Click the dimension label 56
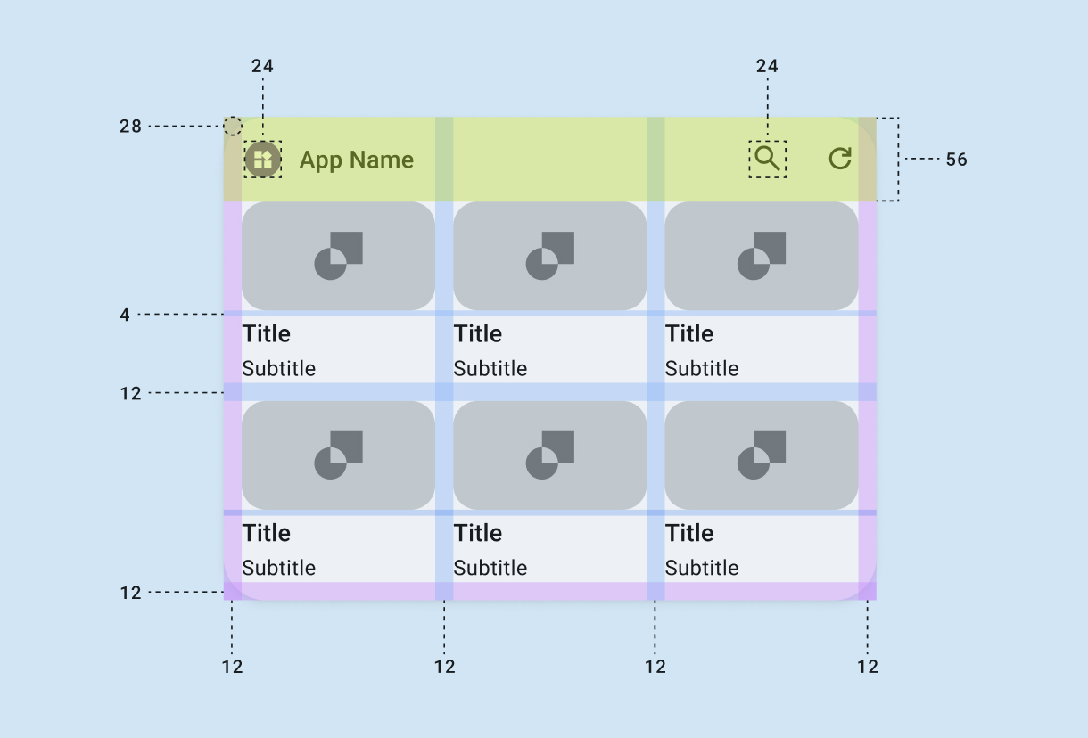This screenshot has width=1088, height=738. (x=956, y=160)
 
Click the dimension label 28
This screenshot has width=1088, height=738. (x=131, y=127)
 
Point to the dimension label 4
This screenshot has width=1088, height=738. (x=125, y=315)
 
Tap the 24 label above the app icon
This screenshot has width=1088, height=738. (x=262, y=66)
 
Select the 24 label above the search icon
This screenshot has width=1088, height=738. (x=767, y=66)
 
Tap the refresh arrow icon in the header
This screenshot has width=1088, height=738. (x=840, y=159)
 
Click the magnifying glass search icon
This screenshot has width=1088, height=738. (x=768, y=159)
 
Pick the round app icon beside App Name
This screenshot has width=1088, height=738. (x=263, y=160)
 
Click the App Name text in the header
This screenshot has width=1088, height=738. (x=357, y=160)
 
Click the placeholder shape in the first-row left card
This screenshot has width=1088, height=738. (x=339, y=256)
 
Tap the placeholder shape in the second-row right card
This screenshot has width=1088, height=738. (x=762, y=455)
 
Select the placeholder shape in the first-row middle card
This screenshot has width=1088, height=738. (x=550, y=256)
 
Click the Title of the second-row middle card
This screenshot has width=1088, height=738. (x=478, y=533)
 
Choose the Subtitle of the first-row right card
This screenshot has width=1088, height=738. (x=702, y=368)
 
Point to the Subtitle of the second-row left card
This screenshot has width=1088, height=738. (x=279, y=568)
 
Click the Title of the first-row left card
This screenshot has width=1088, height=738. (x=266, y=333)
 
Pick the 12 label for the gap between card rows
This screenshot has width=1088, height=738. (x=131, y=393)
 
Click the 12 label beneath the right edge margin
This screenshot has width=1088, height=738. (x=868, y=667)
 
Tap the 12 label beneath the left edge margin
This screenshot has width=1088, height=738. (x=232, y=667)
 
